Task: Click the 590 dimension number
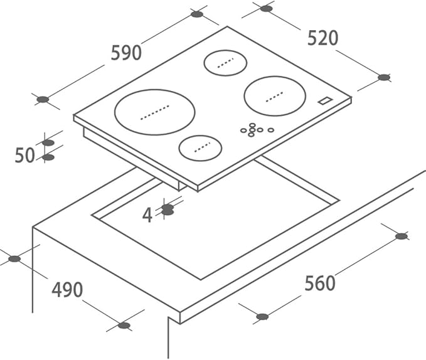(126, 53)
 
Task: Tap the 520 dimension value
(322, 38)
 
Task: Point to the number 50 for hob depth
(24, 155)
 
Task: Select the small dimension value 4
(147, 216)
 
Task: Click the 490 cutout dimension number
(67, 290)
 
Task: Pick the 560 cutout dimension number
(320, 283)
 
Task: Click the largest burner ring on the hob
(155, 112)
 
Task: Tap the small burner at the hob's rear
(225, 63)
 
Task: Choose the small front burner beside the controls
(200, 147)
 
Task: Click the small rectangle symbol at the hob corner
(325, 100)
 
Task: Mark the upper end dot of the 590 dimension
(197, 14)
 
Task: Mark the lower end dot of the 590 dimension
(43, 99)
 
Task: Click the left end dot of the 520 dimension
(266, 9)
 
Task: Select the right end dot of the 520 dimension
(384, 77)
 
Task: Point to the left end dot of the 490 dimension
(14, 258)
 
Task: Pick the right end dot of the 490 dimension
(124, 326)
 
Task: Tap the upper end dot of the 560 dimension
(402, 236)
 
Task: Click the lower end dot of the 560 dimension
(262, 316)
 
